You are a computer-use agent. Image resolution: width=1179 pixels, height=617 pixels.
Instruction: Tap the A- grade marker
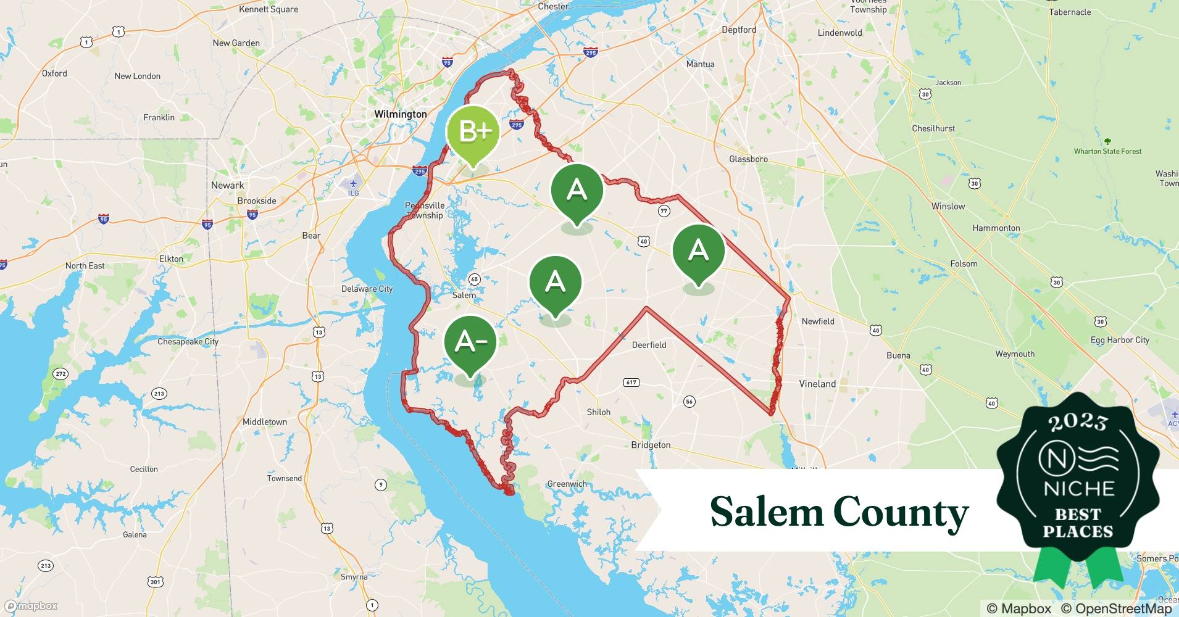point(471,342)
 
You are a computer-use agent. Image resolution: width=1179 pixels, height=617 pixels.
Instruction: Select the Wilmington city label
point(401,114)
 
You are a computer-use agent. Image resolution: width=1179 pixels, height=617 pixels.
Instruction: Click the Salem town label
point(464,295)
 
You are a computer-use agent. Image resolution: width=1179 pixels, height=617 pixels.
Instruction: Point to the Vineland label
point(817,384)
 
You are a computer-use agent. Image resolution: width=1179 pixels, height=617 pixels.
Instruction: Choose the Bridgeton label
point(651,445)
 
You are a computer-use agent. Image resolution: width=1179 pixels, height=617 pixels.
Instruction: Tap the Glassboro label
point(748,159)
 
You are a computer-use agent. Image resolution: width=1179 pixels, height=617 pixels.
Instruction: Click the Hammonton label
point(996,228)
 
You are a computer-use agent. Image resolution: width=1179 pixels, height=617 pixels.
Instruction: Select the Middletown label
point(264,422)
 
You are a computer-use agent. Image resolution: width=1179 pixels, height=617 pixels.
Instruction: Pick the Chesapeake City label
point(188,341)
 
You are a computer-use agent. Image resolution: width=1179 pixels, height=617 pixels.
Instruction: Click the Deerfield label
point(649,345)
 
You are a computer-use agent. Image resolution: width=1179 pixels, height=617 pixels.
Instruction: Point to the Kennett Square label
point(269,9)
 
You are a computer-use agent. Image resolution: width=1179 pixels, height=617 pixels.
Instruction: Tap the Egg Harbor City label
point(1120,340)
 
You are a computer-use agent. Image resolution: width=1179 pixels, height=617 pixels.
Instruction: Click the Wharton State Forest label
point(1107,151)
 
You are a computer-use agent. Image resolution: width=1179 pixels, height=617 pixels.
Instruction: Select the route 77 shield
point(664,211)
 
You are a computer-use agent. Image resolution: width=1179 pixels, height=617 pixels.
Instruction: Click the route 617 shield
point(631,383)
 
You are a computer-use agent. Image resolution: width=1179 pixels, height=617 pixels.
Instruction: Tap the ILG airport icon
point(353,184)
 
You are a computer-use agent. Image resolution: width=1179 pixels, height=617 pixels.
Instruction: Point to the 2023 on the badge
point(1078,422)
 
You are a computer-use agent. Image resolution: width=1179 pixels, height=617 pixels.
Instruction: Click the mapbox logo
point(31,606)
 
